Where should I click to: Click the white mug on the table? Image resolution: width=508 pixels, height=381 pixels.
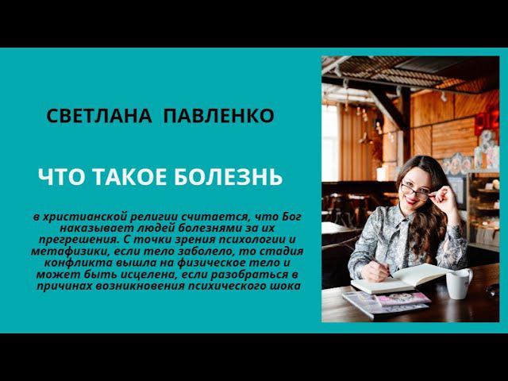tap(458, 283)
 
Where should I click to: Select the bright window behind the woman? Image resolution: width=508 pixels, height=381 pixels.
tap(330, 143)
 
